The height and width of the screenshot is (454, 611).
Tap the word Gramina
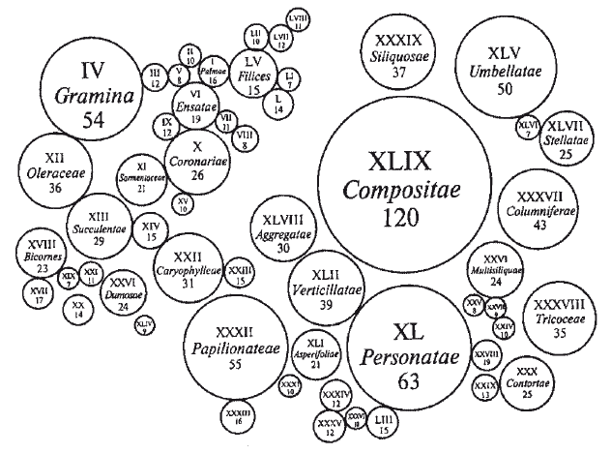94,97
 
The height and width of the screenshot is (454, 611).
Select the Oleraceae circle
55,171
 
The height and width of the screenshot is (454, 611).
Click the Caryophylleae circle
190,270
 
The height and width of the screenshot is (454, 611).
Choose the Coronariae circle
197,163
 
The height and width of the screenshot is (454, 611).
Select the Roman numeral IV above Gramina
92,70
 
